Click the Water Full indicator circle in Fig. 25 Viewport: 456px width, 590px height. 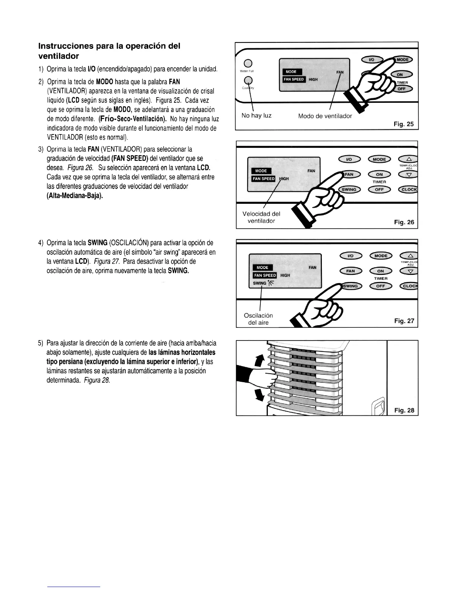click(247, 63)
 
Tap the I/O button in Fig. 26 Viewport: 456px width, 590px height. click(349, 159)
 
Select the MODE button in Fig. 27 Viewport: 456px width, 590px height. click(381, 256)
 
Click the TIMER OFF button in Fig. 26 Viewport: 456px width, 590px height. click(379, 189)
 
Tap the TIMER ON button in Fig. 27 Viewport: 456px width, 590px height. click(380, 271)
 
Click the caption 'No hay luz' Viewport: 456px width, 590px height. click(256, 115)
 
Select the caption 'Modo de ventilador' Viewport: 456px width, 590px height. click(325, 116)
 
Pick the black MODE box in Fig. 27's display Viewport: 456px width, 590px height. click(262, 267)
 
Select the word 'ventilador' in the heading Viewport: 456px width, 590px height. click(58, 56)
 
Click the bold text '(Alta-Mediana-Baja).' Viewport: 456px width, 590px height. click(75, 196)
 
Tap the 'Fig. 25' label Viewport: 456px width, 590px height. click(404, 124)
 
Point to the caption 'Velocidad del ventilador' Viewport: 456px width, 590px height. click(261, 217)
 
